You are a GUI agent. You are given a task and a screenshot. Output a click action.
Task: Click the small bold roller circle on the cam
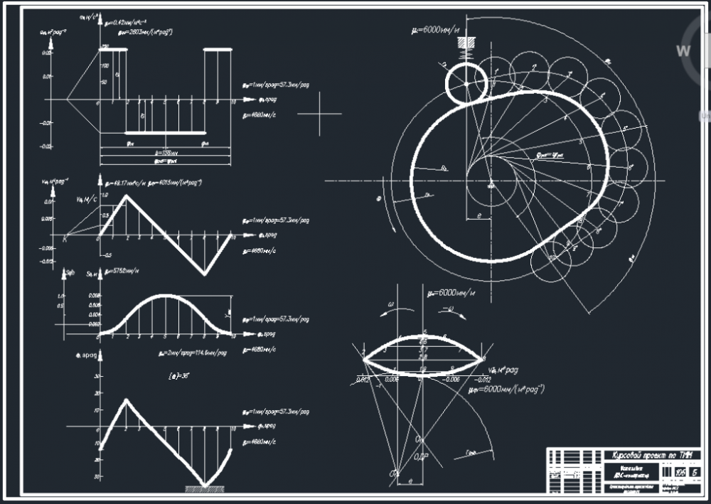(x=466, y=82)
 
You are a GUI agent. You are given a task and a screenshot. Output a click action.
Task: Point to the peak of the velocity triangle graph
(x=126, y=196)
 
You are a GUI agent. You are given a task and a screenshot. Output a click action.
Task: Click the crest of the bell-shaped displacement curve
(x=164, y=295)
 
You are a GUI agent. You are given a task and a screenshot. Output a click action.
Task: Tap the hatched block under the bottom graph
(x=206, y=489)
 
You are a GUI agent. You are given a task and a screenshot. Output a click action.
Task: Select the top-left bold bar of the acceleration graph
(x=113, y=48)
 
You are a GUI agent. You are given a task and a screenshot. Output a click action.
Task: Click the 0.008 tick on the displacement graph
(x=93, y=295)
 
